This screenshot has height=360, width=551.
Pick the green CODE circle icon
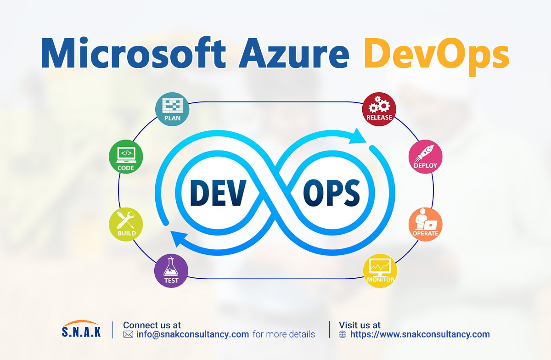pos(126,157)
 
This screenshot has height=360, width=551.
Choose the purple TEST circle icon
pos(171,271)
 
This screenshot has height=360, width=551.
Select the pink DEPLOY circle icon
pos(425,157)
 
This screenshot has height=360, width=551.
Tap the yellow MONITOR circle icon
pos(380,271)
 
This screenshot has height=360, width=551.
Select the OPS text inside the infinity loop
pos(332,191)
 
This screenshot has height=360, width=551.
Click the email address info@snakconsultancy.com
pos(192,334)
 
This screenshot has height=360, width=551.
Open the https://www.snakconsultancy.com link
pos(420,334)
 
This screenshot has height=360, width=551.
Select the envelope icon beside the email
pos(128,334)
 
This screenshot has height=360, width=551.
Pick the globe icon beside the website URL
pos(343,334)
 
